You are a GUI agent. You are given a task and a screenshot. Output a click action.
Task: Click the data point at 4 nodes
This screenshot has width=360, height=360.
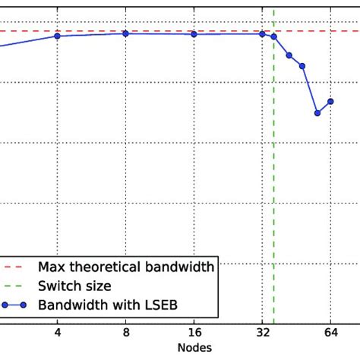pyautogui.click(x=58, y=36)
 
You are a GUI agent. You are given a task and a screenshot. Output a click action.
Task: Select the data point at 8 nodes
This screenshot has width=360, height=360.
pyautogui.click(x=126, y=33)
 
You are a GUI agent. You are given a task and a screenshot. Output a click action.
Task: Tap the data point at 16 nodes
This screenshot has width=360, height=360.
pyautogui.click(x=194, y=34)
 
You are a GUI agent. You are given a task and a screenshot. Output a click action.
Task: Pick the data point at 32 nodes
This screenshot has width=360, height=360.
pyautogui.click(x=263, y=33)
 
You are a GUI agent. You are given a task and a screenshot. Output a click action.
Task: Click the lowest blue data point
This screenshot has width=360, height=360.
pyautogui.click(x=317, y=113)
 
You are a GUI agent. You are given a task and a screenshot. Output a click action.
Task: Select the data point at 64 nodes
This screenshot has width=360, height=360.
pyautogui.click(x=330, y=101)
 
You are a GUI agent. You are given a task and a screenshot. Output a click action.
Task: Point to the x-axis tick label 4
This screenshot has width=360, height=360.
pyautogui.click(x=58, y=332)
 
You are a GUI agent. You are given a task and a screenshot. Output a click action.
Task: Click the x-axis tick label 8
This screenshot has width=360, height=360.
pyautogui.click(x=126, y=332)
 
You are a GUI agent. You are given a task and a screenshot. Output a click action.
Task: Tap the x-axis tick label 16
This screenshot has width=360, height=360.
pyautogui.click(x=194, y=332)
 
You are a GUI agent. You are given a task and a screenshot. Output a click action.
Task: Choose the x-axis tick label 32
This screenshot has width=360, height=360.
pyautogui.click(x=263, y=332)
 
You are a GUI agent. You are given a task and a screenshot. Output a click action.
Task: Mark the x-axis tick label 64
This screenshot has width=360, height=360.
pyautogui.click(x=330, y=332)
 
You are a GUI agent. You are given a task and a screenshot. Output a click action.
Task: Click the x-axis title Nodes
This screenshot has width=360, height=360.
pyautogui.click(x=194, y=348)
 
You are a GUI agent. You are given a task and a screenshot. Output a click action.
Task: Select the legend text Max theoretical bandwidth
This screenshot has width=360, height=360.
pyautogui.click(x=127, y=267)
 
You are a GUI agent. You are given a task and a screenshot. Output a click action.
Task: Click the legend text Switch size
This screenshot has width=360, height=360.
pyautogui.click(x=76, y=286)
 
